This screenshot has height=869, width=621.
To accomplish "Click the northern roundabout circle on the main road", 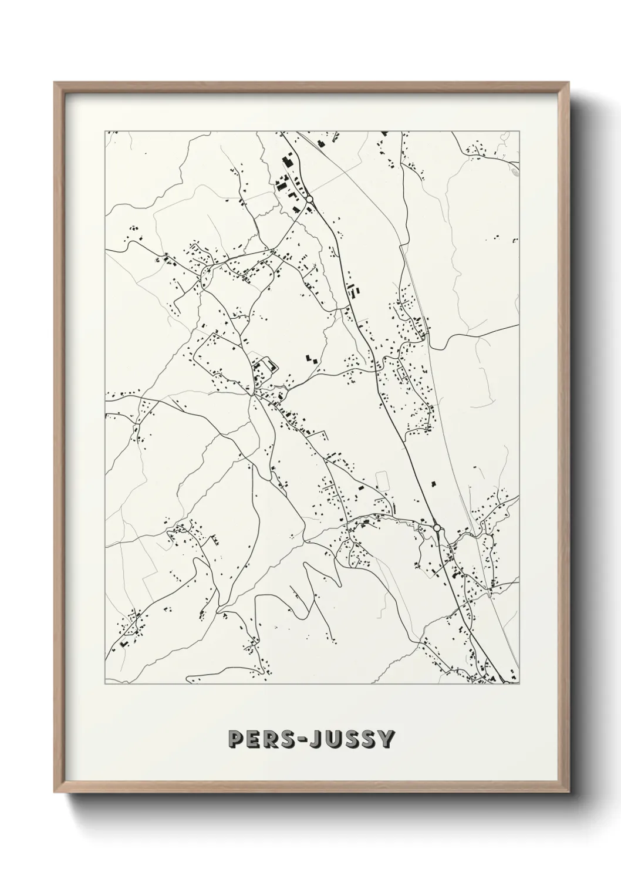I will [309, 200].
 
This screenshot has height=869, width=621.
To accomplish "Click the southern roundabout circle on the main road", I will [437, 528].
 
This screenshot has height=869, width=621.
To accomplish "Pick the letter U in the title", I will [335, 739].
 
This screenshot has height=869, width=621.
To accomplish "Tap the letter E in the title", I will [253, 739].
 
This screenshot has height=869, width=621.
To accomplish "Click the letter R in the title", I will [269, 739].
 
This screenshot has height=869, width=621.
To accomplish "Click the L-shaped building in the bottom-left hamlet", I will [124, 644].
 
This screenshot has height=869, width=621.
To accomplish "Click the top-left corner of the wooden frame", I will [55, 83].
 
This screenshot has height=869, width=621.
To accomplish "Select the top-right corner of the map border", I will [519, 132].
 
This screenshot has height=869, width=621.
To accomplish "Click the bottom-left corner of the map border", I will [105, 684].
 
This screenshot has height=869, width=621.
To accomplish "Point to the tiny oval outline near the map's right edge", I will [515, 172].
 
